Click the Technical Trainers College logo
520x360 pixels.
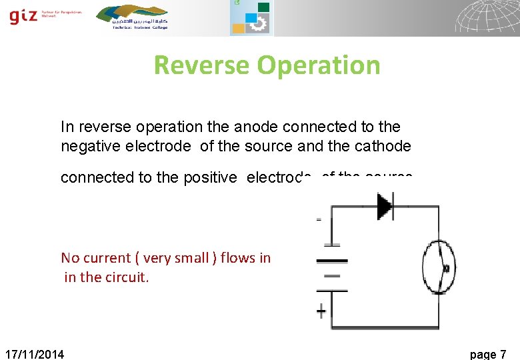click(132, 17)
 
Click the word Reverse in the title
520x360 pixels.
click(201, 65)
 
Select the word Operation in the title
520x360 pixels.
click(318, 65)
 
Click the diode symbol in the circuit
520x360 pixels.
click(385, 206)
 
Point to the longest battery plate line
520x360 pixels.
click(332, 260)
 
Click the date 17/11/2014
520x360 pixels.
click(35, 354)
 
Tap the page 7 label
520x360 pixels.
click(488, 354)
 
